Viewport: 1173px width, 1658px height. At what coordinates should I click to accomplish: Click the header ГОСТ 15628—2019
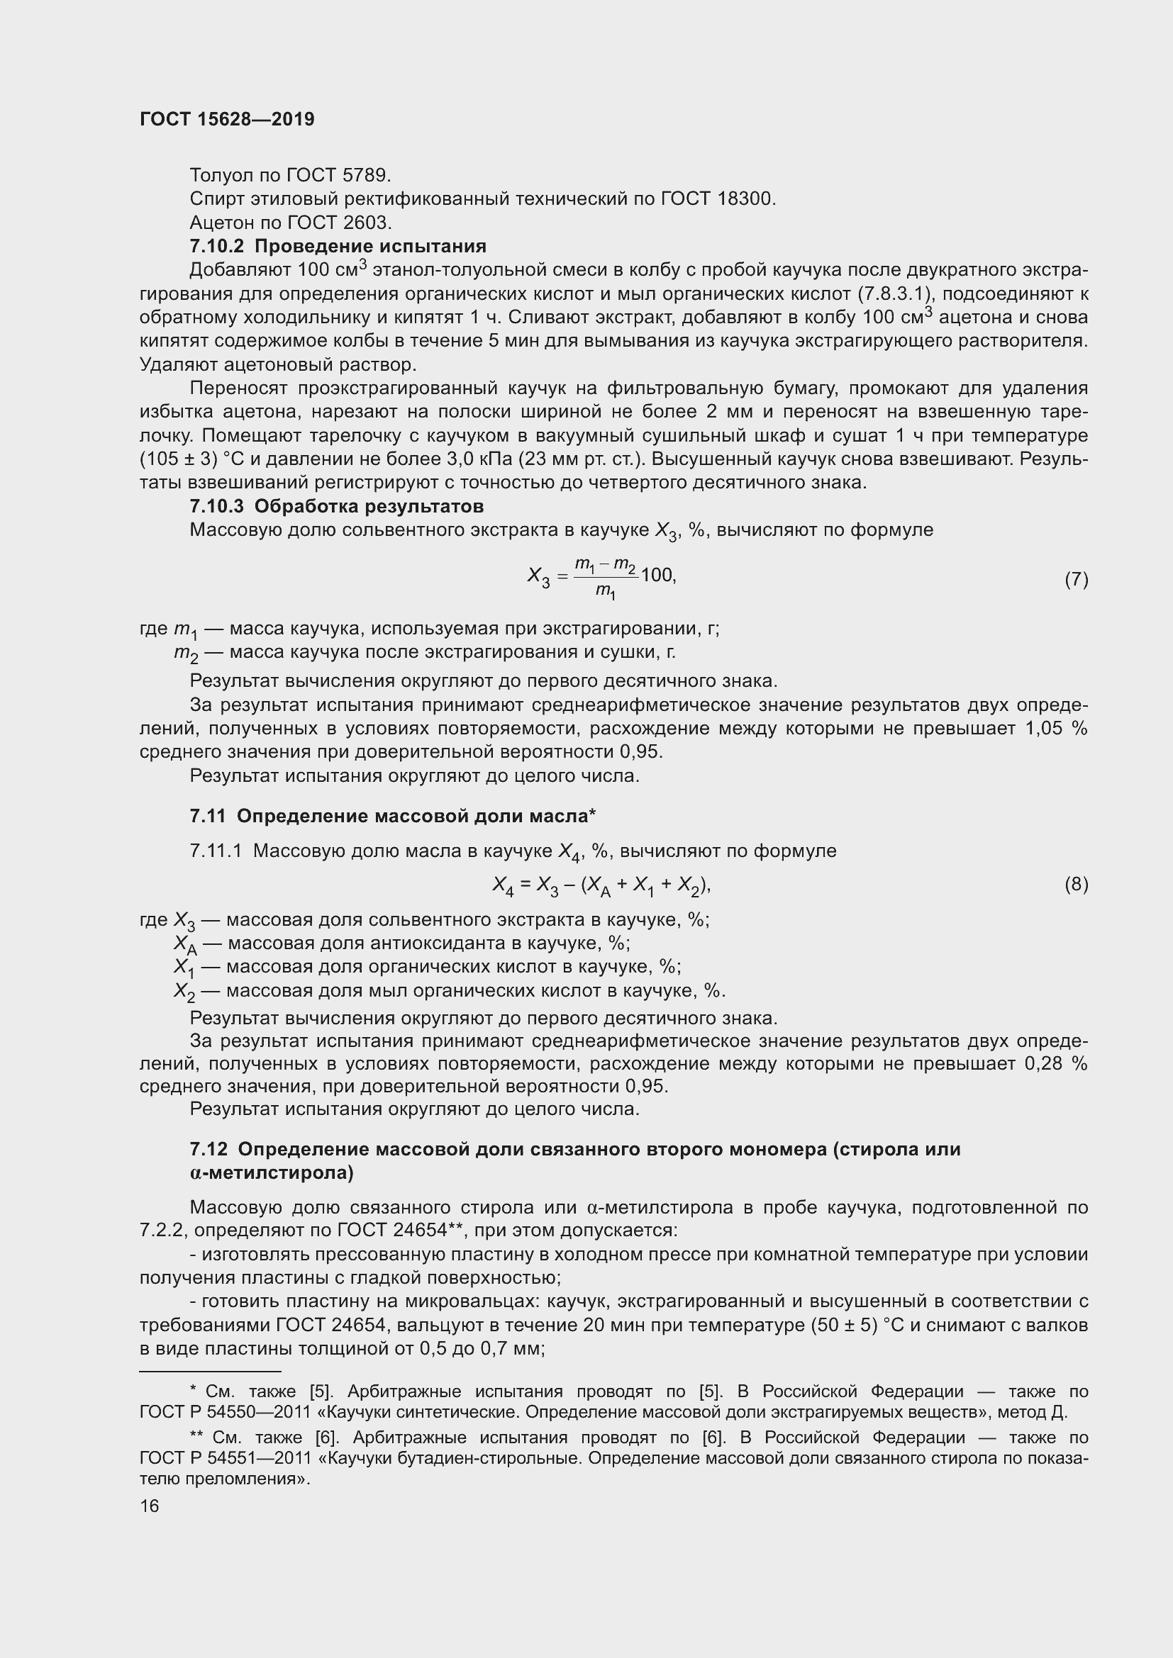point(227,120)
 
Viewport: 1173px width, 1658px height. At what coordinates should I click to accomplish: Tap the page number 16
point(150,1506)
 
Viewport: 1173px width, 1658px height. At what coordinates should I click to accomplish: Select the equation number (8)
point(1076,884)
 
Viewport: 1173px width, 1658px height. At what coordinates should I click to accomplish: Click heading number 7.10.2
point(218,246)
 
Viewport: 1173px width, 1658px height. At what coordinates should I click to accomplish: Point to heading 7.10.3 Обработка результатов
point(337,506)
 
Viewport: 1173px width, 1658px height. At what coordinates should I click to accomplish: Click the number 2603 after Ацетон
point(367,223)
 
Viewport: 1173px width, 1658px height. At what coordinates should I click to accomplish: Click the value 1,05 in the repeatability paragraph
point(1044,729)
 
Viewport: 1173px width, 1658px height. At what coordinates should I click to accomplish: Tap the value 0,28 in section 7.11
point(1044,1064)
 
